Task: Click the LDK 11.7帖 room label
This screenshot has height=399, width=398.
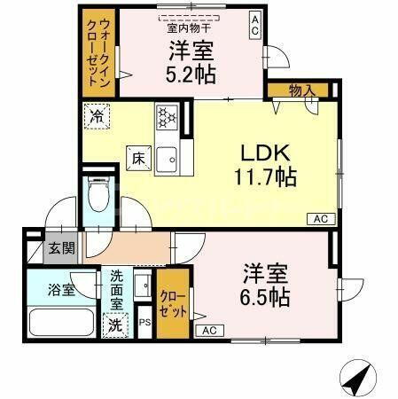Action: click(264, 163)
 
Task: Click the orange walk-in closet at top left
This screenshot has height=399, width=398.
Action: click(98, 51)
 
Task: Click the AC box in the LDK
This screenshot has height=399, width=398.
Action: click(319, 218)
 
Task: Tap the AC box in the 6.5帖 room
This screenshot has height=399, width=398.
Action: click(210, 331)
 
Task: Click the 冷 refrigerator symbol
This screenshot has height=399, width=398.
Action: click(95, 114)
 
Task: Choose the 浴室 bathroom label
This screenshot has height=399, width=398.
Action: click(60, 289)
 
